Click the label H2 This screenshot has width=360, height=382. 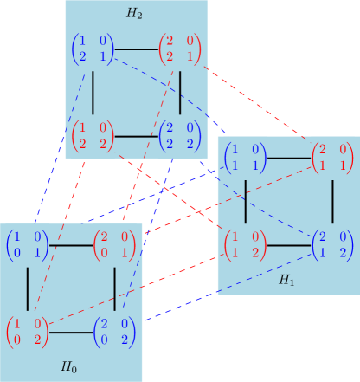pos(134,15)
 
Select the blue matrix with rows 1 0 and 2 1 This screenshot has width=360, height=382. pos(93,49)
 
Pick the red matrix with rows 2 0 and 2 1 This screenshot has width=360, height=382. pos(179,49)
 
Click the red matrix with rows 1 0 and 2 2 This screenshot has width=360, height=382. pos(93,136)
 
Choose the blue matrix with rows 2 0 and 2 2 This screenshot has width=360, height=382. pos(179,136)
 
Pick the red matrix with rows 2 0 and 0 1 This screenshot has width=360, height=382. pos(114,245)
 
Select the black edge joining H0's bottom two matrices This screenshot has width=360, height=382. pos(71,333)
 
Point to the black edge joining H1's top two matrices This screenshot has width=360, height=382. pos(289,159)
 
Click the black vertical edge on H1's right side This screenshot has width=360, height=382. pos(332,201)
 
